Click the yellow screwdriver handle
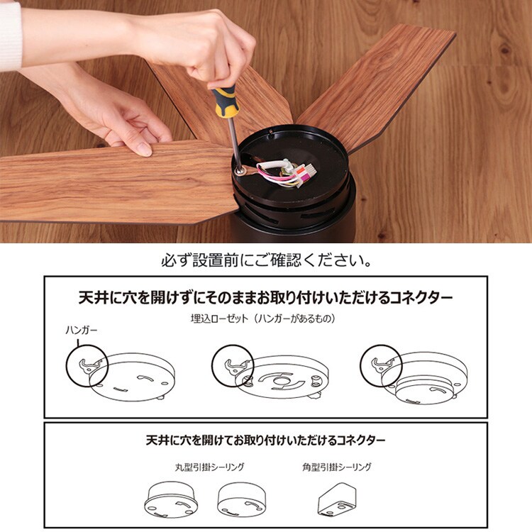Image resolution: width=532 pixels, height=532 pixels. pos(226,101)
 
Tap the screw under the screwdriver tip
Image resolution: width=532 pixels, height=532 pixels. pos(240,170)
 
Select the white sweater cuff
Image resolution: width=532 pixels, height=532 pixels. pos(10,37)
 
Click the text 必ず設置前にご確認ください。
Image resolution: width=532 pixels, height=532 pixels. pos(266,260)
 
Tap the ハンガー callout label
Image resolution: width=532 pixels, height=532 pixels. pos(81,330)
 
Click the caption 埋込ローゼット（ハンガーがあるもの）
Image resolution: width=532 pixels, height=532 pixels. pos(263,318)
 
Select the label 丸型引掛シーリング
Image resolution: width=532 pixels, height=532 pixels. pos(209,467)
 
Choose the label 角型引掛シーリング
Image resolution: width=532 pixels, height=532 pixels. pos(336,467)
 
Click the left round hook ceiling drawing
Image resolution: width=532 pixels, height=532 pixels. pos(170,499)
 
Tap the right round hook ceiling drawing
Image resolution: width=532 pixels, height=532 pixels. pos(242,499)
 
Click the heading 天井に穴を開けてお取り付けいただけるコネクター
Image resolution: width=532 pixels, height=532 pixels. pos(266,440)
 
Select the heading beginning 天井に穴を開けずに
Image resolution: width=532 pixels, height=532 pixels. pos(266,297)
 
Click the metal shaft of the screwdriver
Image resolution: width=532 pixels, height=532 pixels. pos(233,142)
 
